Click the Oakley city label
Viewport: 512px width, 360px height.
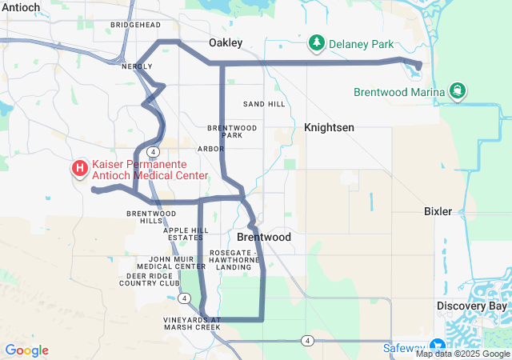click(226, 42)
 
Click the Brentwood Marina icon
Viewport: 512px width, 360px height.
click(457, 91)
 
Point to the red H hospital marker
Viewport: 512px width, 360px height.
click(80, 169)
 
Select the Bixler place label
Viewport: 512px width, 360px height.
click(438, 211)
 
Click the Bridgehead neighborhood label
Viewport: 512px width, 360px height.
click(136, 26)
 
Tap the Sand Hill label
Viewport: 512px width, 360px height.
click(264, 104)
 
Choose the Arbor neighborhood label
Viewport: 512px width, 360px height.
click(210, 149)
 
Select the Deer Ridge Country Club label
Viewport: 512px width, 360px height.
click(150, 279)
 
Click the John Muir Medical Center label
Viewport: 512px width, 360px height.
click(171, 262)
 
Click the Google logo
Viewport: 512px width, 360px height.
click(26, 350)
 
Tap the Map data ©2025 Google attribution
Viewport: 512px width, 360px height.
click(462, 354)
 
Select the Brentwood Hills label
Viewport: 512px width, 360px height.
click(145, 217)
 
